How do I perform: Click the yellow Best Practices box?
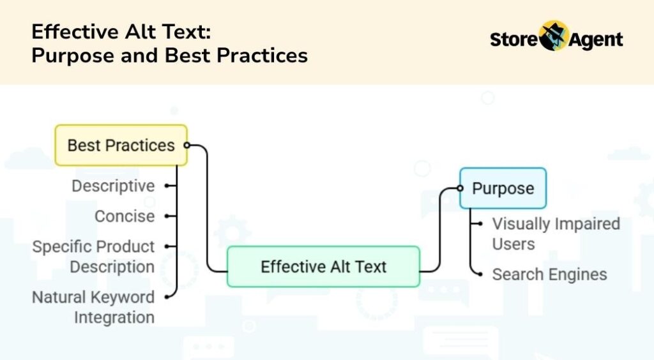click(x=121, y=146)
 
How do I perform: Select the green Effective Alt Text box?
click(x=323, y=266)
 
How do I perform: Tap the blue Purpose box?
click(x=503, y=188)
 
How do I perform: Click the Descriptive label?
click(x=113, y=186)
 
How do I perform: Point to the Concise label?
click(x=125, y=216)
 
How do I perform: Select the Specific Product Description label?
click(x=93, y=257)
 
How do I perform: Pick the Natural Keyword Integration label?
click(x=93, y=307)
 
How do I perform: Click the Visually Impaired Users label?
click(x=555, y=234)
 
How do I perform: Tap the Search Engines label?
click(x=549, y=274)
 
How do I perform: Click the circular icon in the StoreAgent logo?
click(x=553, y=36)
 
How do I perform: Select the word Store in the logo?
click(x=514, y=40)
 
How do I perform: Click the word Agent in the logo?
click(x=595, y=40)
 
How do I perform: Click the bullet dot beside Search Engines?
click(x=480, y=274)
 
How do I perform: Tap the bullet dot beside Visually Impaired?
click(x=480, y=224)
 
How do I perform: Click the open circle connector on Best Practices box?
click(x=186, y=146)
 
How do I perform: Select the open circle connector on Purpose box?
click(x=459, y=188)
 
